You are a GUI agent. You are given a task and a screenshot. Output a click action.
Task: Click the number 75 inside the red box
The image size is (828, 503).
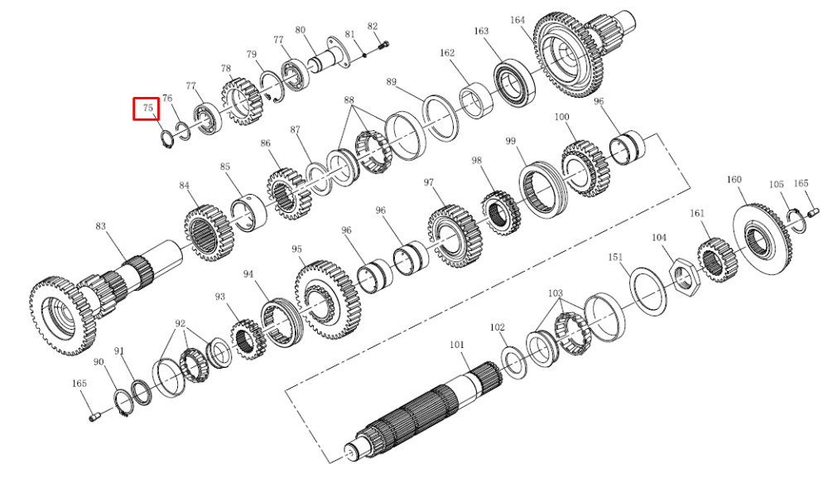coord(148,109)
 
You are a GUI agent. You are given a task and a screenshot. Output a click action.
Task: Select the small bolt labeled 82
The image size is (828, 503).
coord(384,46)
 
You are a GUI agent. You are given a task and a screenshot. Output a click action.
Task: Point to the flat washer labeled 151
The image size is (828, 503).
coord(648,290)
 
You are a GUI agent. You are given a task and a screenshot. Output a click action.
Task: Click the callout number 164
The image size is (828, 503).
coord(517,20)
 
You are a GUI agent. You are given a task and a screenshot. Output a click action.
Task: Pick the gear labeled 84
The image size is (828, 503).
coord(207,233)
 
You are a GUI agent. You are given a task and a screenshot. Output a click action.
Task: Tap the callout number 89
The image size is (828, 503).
coord(391,82)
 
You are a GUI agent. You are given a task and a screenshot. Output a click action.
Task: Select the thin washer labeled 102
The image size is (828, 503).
coord(513,361)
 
